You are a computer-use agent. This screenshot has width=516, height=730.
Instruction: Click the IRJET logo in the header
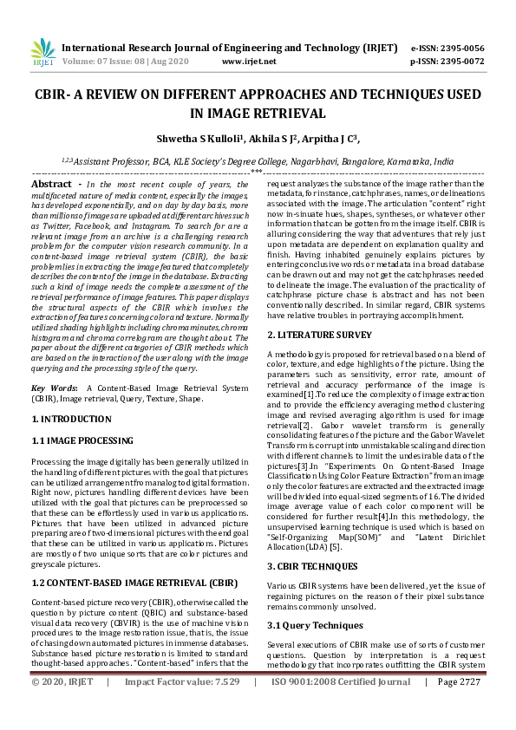click(x=41, y=54)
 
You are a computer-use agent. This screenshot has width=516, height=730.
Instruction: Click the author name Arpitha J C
click(x=330, y=138)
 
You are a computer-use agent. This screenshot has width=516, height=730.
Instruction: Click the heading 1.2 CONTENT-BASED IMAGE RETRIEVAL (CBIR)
click(x=134, y=559)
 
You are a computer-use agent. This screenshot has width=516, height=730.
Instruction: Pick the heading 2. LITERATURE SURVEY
click(x=318, y=335)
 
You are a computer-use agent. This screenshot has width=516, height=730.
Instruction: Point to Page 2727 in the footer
click(x=459, y=707)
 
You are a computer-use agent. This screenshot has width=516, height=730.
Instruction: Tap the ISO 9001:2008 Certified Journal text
click(x=341, y=707)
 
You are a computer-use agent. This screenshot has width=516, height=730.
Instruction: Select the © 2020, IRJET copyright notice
click(x=62, y=707)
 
